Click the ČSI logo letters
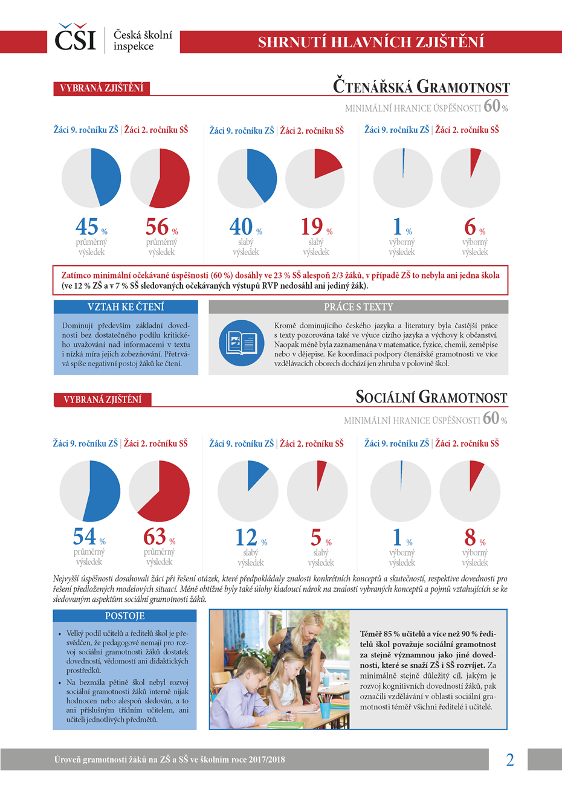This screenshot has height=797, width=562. (75, 39)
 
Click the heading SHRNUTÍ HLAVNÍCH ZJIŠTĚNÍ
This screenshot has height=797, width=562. (370, 42)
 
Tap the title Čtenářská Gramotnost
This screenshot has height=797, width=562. (421, 86)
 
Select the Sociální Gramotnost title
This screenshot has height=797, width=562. (431, 397)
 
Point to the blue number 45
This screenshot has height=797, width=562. (87, 227)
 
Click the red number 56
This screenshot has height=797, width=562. (157, 227)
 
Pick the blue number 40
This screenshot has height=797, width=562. (241, 227)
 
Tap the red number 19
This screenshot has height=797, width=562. (312, 227)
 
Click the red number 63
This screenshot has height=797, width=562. (155, 537)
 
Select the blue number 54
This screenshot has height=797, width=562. (85, 537)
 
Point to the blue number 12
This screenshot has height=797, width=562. (246, 537)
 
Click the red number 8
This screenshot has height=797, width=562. (470, 537)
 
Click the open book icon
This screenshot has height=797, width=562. (241, 343)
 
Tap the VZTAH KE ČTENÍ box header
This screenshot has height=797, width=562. (126, 307)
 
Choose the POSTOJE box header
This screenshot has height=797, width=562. (124, 616)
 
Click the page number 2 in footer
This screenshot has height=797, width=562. (509, 760)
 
